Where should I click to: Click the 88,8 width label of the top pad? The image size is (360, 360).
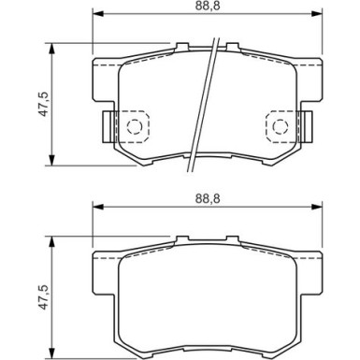[x=208, y=7]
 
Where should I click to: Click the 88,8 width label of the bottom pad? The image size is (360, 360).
[x=208, y=198]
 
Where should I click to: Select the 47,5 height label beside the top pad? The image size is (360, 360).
[x=43, y=104]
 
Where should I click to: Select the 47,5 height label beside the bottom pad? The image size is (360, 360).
[x=43, y=297]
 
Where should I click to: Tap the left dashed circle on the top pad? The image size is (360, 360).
[x=135, y=126]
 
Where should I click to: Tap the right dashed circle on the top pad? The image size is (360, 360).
[x=281, y=126]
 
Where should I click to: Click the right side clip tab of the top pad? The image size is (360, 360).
[x=307, y=126]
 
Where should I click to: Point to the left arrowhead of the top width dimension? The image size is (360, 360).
[x=98, y=14]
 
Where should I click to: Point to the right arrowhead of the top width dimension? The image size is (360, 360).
[x=317, y=14]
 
